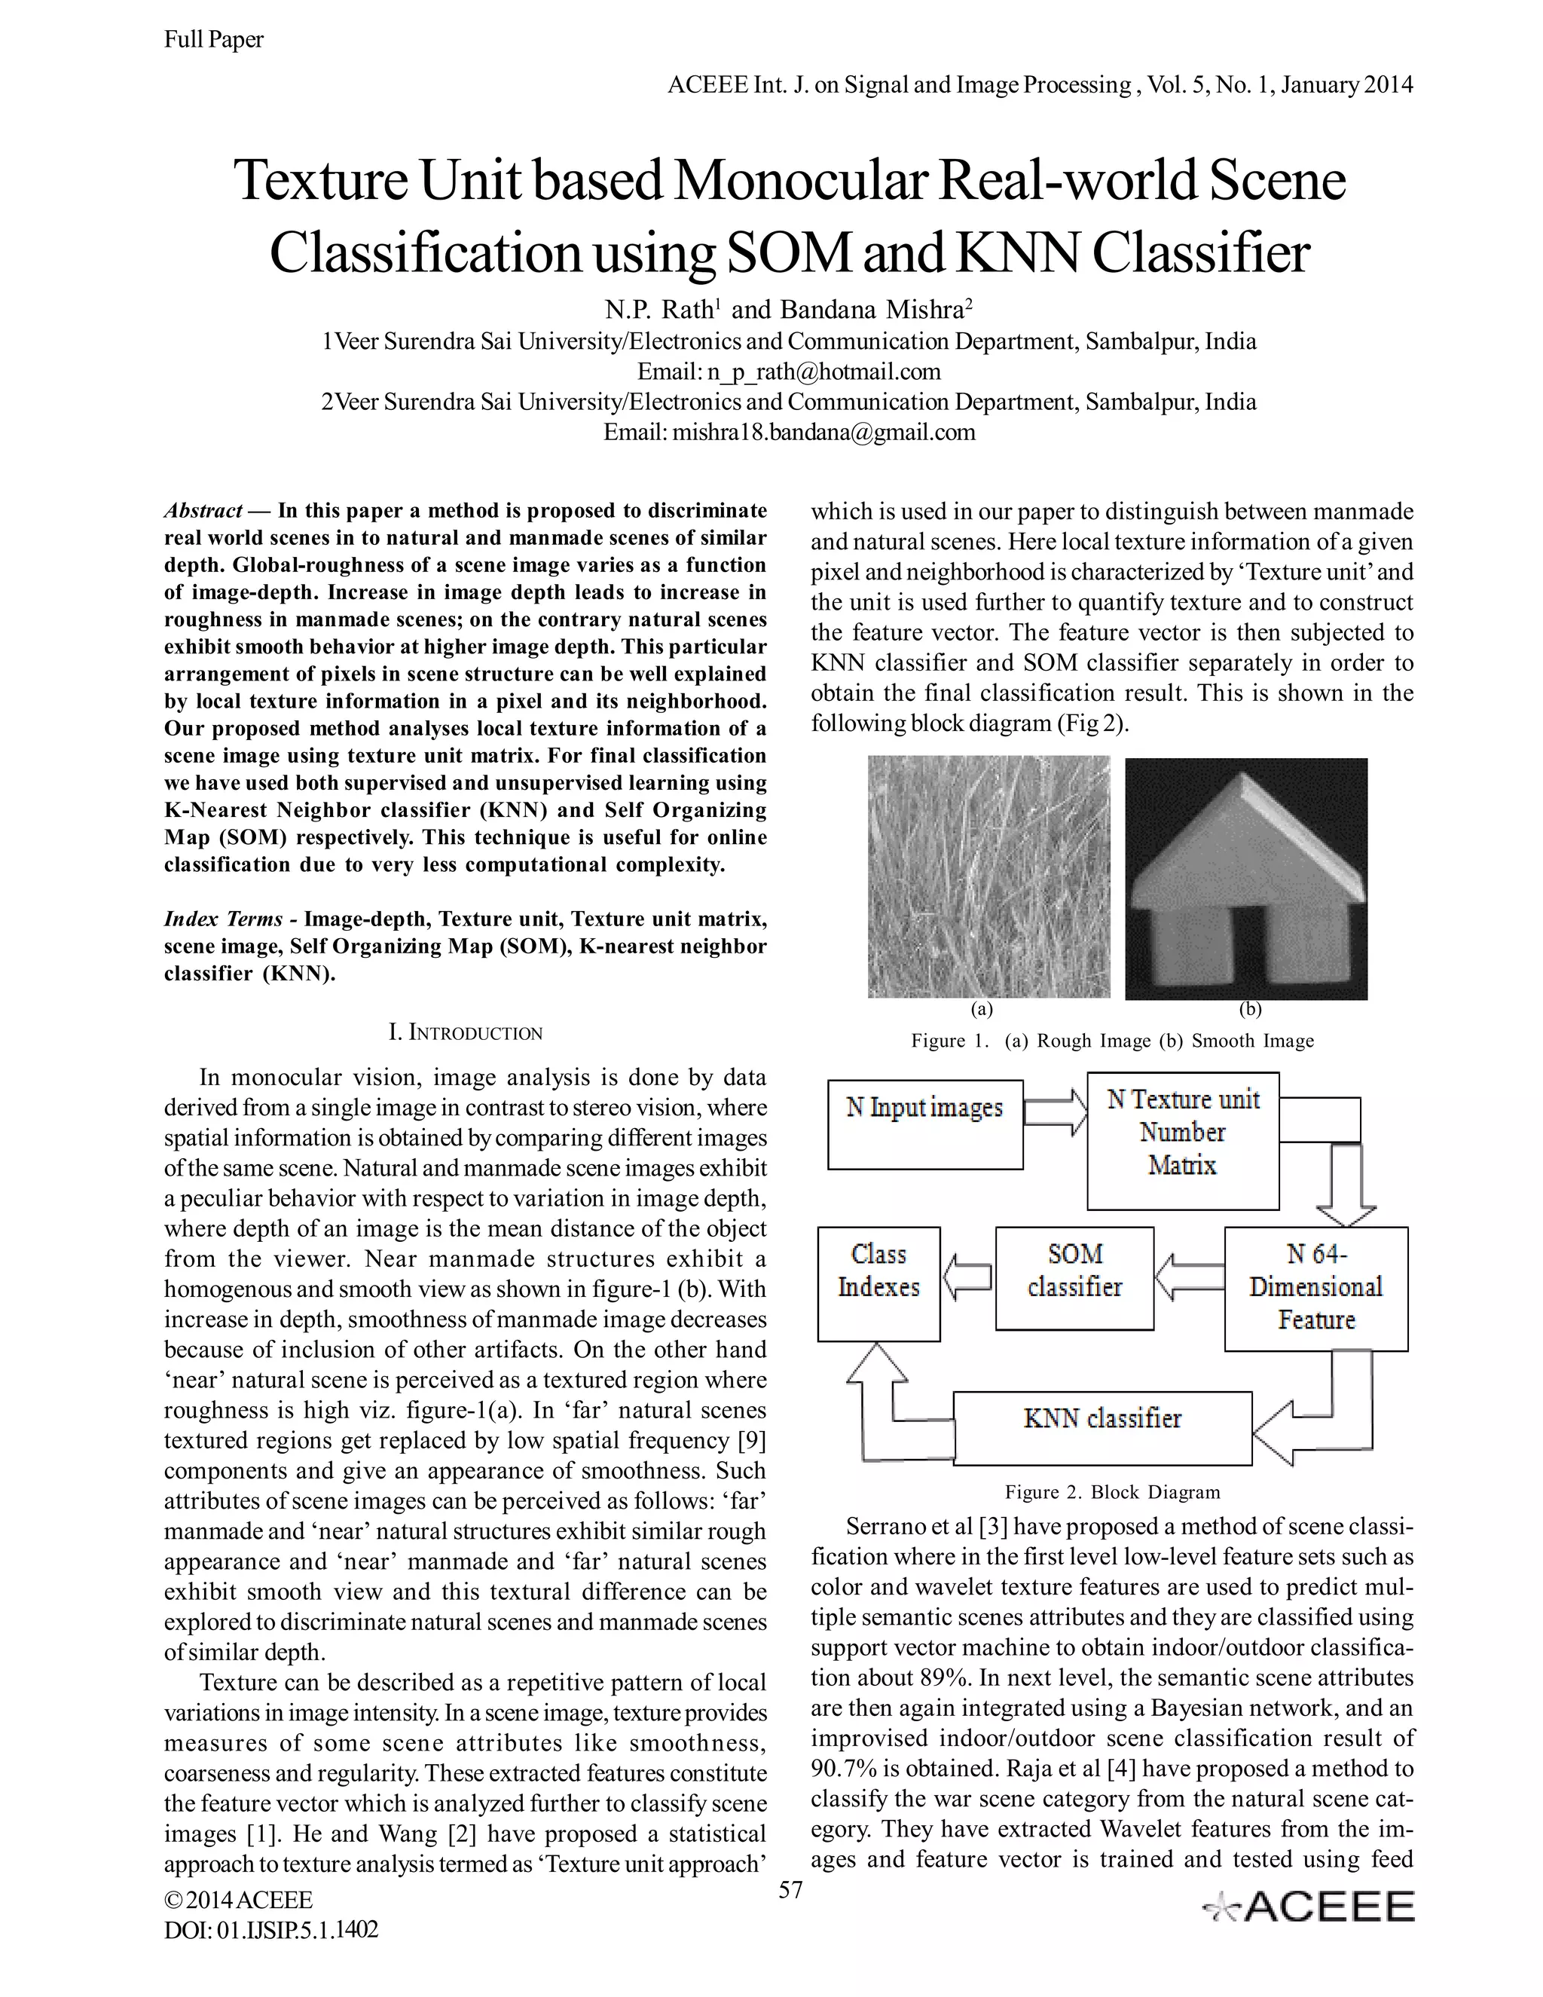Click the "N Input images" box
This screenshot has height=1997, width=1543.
click(x=924, y=1124)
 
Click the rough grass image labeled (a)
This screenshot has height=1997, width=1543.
click(x=988, y=876)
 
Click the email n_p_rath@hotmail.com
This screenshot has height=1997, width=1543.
click(x=823, y=372)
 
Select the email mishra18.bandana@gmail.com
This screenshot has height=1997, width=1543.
click(x=823, y=433)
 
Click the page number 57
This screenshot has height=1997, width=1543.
click(x=790, y=1890)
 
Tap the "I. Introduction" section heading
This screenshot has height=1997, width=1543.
click(x=466, y=1033)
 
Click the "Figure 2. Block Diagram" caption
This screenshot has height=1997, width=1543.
click(x=1113, y=1492)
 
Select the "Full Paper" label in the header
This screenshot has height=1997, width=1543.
click(x=214, y=39)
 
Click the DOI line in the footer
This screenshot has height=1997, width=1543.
click(x=270, y=1929)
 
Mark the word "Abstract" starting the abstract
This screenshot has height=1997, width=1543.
click(x=203, y=510)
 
